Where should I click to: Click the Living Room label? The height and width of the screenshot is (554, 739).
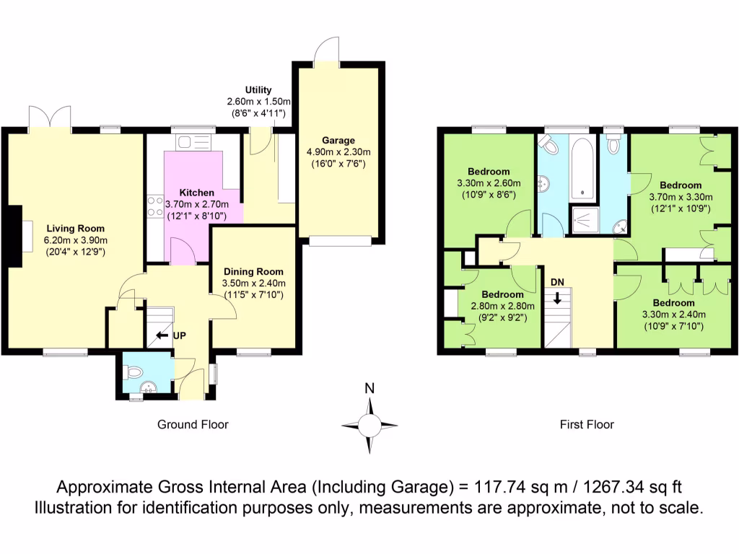[x=75, y=227]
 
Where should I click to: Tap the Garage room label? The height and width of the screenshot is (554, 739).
[x=338, y=140]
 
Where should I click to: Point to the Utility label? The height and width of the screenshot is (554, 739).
[x=258, y=89]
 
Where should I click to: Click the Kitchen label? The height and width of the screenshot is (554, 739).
[x=196, y=193]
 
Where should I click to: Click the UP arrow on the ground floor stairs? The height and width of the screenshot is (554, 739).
[x=162, y=335]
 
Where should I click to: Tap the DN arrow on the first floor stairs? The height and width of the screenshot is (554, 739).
[x=557, y=297]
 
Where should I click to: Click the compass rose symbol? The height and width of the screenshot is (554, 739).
[x=369, y=424]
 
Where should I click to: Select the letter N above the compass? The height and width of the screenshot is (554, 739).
[x=369, y=389]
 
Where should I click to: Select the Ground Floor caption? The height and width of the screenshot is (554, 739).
[x=193, y=425]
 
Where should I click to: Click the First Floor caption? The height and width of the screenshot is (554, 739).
[x=587, y=425]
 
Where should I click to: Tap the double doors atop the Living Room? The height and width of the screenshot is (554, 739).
[x=50, y=118]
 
